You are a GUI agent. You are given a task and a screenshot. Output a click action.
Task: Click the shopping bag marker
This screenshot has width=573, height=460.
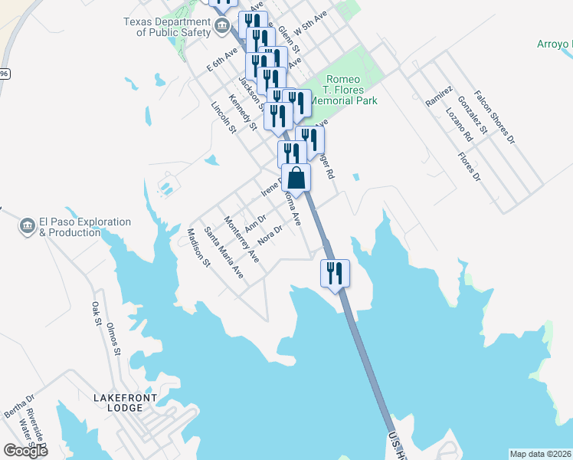296,179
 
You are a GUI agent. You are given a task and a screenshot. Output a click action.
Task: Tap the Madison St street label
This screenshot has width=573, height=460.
198,248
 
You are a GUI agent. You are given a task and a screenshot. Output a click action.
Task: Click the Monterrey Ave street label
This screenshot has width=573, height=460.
241,240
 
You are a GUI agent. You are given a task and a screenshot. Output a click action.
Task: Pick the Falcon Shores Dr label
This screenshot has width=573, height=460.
494,117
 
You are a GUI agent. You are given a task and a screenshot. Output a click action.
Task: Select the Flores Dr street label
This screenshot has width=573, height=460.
468,166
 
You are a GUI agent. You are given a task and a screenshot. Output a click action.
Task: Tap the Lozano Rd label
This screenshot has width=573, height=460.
458,125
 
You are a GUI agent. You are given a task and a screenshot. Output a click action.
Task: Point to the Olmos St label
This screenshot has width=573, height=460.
114,340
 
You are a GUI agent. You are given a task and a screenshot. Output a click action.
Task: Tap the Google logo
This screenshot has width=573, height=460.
25,451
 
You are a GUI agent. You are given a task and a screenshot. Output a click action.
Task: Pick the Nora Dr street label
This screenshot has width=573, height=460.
270,232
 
